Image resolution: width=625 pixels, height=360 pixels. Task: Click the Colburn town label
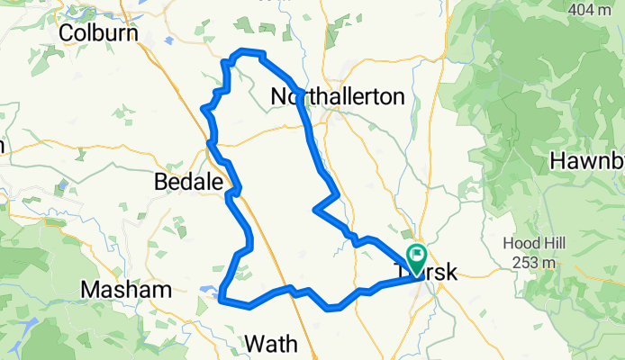(x=98, y=32)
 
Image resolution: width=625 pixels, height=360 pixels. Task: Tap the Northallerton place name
(x=338, y=96)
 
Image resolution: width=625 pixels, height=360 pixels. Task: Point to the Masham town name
(x=125, y=290)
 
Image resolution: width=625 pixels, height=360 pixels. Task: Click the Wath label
(x=271, y=343)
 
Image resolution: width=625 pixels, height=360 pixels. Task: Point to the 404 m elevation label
(x=595, y=10)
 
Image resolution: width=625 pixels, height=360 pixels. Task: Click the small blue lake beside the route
(x=207, y=290)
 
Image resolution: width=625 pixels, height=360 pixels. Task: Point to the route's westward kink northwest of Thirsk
(x=314, y=211)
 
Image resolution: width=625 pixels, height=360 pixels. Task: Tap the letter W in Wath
(x=255, y=343)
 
